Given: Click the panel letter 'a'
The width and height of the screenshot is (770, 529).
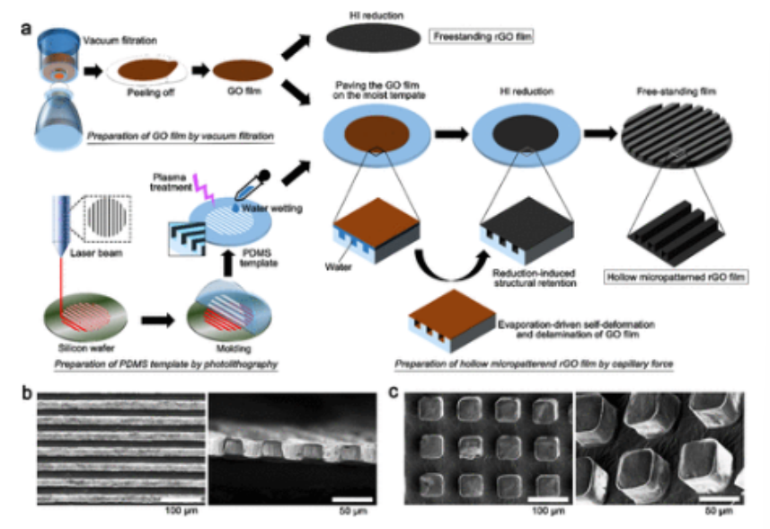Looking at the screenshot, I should coord(28,29).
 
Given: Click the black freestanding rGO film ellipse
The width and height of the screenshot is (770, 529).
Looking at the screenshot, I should coord(372,37).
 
